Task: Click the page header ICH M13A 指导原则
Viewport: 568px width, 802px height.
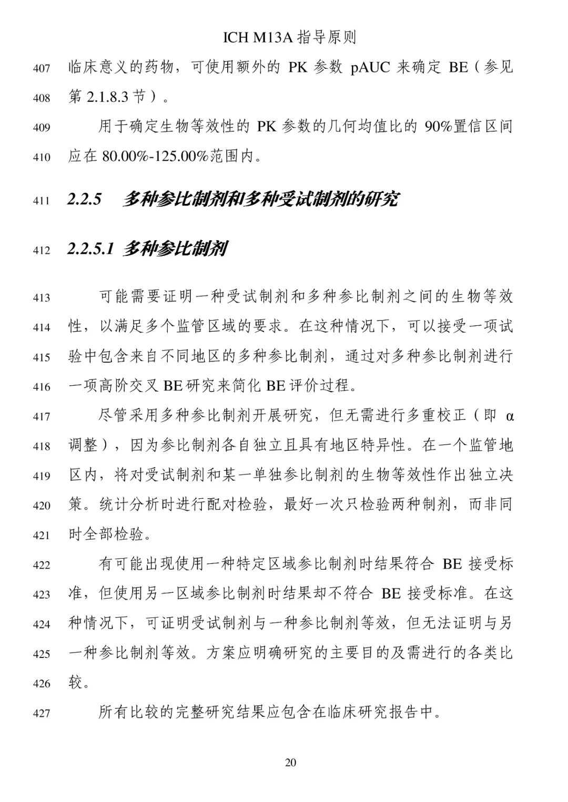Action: tap(290, 37)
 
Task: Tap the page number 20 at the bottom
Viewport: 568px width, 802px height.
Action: tap(290, 762)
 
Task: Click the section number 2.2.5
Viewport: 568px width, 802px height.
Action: tap(84, 200)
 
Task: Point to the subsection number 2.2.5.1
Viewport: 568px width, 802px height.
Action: tap(91, 249)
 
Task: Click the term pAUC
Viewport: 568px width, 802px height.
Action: tap(369, 68)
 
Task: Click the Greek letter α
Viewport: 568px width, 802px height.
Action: tap(509, 417)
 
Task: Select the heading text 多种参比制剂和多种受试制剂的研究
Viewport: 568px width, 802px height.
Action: tap(260, 200)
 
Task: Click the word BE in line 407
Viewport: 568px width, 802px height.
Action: tap(458, 68)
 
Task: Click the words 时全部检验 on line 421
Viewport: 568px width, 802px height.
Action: tap(106, 535)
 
